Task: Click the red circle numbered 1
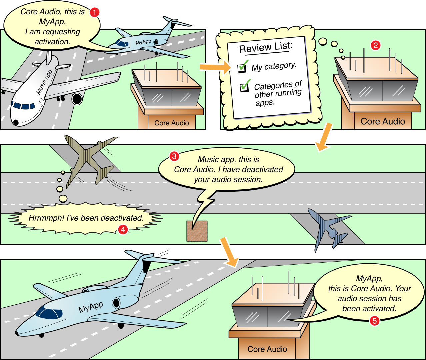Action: [95, 12]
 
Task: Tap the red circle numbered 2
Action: [376, 45]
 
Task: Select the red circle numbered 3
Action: [174, 156]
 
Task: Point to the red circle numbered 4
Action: [123, 229]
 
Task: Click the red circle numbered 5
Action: [374, 321]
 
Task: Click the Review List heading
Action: [266, 47]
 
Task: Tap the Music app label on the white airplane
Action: [44, 82]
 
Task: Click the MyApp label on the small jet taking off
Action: [143, 42]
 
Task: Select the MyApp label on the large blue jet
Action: [91, 307]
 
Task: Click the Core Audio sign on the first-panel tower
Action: [171, 123]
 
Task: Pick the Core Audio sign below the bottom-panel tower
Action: [267, 349]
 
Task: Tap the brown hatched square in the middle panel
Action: [197, 231]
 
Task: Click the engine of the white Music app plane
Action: [77, 99]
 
